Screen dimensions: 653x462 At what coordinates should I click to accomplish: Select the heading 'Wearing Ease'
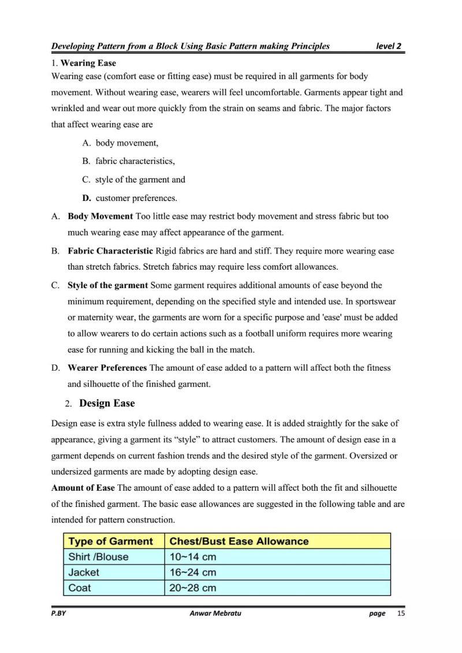click(88, 63)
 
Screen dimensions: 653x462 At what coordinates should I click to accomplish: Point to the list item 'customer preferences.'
click(136, 198)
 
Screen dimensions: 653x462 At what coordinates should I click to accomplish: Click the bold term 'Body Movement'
click(100, 217)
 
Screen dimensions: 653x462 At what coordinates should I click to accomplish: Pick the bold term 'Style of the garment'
click(108, 285)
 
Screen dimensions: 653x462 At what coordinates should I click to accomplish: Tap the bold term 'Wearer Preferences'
click(107, 367)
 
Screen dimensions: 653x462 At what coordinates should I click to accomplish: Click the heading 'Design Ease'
click(107, 403)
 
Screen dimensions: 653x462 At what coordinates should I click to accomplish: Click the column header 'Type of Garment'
click(111, 541)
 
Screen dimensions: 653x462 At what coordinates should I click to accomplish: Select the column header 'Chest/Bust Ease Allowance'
click(239, 541)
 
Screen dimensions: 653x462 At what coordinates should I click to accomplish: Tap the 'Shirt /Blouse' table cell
click(98, 557)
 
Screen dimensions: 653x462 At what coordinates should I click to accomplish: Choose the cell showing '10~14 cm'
click(193, 557)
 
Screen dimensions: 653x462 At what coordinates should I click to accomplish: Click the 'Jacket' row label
click(84, 573)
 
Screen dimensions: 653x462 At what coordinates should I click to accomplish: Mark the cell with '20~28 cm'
click(193, 588)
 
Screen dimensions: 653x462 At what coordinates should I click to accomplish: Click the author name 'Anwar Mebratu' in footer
click(215, 613)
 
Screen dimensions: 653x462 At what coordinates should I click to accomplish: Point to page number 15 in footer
click(401, 613)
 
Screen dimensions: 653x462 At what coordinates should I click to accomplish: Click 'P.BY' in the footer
click(59, 613)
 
